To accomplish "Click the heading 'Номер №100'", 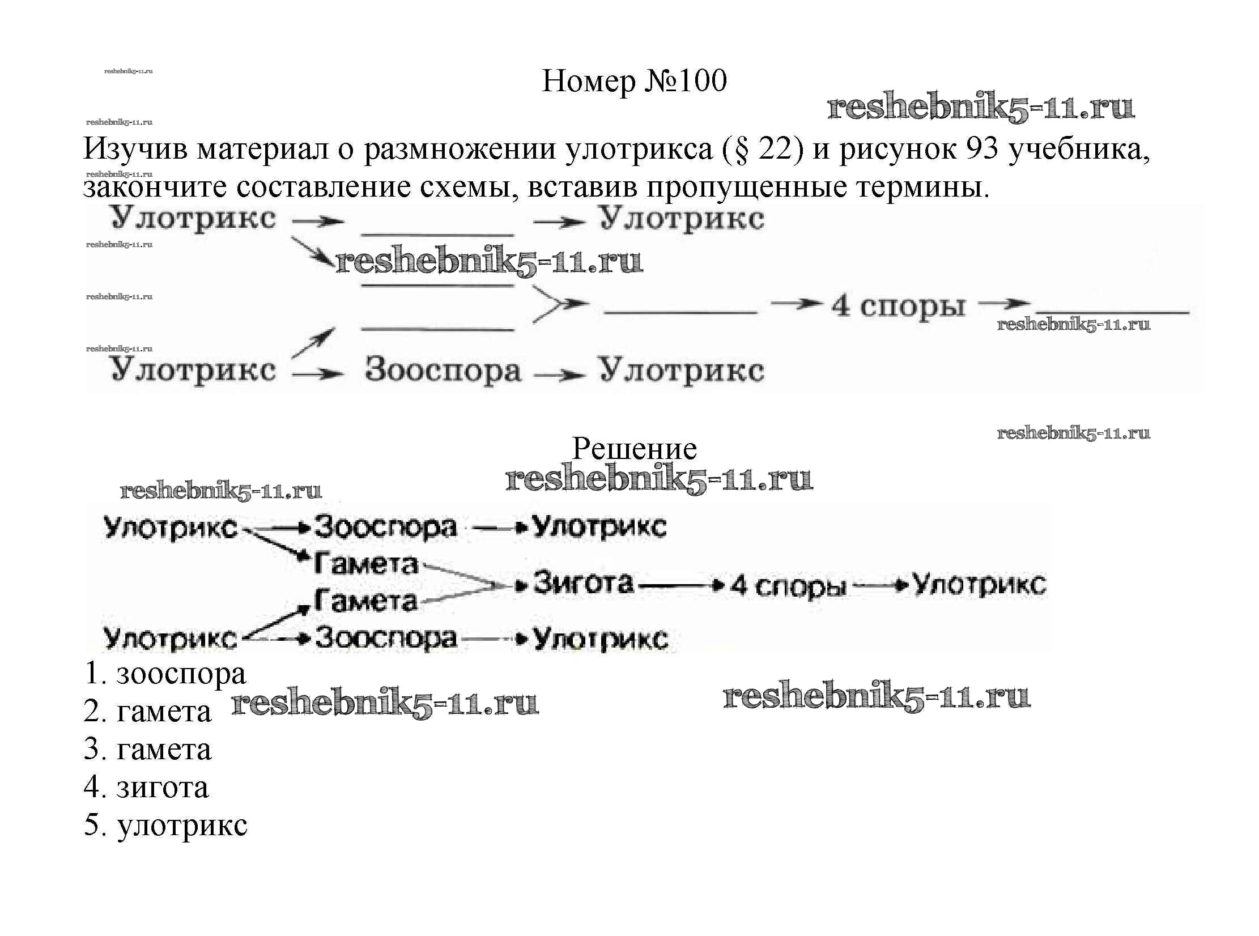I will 634,81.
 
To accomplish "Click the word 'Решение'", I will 634,449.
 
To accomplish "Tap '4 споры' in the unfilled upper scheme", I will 898,307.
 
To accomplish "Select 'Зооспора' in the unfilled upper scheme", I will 443,371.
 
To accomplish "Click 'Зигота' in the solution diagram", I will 583,583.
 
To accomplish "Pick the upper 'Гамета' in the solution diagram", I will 366,564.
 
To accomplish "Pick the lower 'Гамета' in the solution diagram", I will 366,601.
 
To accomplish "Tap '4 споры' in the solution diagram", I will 788,586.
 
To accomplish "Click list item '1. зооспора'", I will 165,674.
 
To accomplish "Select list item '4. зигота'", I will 146,787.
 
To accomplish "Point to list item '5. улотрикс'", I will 165,825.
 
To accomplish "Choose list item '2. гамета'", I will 147,712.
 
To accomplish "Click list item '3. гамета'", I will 147,750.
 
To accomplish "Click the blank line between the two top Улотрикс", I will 437,234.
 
